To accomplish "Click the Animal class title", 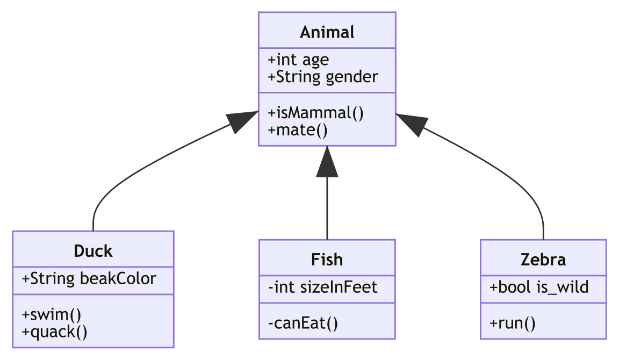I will (x=327, y=32).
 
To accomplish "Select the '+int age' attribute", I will (x=298, y=60).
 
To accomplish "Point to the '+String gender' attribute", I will (x=322, y=77).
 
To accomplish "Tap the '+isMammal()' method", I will (x=315, y=113).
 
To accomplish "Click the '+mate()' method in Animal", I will (x=297, y=130).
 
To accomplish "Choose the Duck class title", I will (x=93, y=251).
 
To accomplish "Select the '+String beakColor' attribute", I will (x=89, y=279).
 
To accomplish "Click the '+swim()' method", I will (x=52, y=314).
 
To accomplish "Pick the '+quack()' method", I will (x=54, y=332).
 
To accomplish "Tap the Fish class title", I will (x=327, y=260).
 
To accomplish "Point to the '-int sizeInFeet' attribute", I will (x=322, y=287).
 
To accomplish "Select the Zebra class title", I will (x=543, y=260).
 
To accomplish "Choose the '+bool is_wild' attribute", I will (x=539, y=287).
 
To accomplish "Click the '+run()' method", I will (x=513, y=323).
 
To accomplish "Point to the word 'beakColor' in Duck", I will (x=118, y=279).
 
